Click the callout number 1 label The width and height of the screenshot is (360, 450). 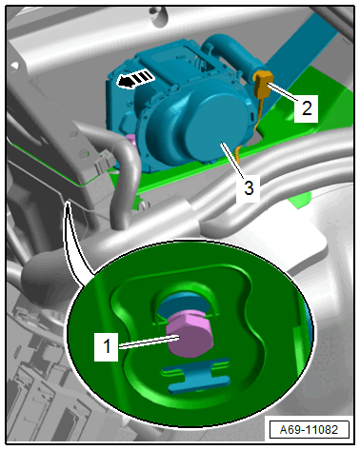tap(107, 346)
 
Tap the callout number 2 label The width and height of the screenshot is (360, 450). tap(306, 108)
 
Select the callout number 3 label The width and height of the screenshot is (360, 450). tap(249, 187)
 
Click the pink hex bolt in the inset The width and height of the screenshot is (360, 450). tap(190, 334)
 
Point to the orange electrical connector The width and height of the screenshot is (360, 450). tap(263, 83)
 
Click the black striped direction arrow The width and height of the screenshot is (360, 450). tap(135, 79)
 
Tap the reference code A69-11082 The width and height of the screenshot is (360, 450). tap(309, 430)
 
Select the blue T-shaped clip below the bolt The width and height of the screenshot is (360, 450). tap(197, 375)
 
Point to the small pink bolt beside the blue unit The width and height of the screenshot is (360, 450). tap(130, 140)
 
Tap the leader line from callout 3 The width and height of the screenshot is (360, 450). tap(232, 160)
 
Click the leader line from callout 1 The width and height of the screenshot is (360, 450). tap(149, 342)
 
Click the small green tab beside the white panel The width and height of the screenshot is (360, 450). tap(299, 201)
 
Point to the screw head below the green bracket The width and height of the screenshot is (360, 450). tap(145, 205)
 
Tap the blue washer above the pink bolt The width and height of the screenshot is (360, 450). tap(184, 305)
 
